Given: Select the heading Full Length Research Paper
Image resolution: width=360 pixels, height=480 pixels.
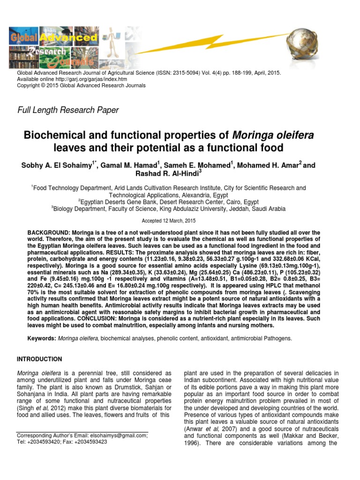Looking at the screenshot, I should [x=67, y=111].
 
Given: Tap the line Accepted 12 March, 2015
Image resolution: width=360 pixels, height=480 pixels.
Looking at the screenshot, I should [x=168, y=220].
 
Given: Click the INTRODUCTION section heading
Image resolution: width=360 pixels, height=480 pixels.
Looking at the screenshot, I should [x=39, y=360].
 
